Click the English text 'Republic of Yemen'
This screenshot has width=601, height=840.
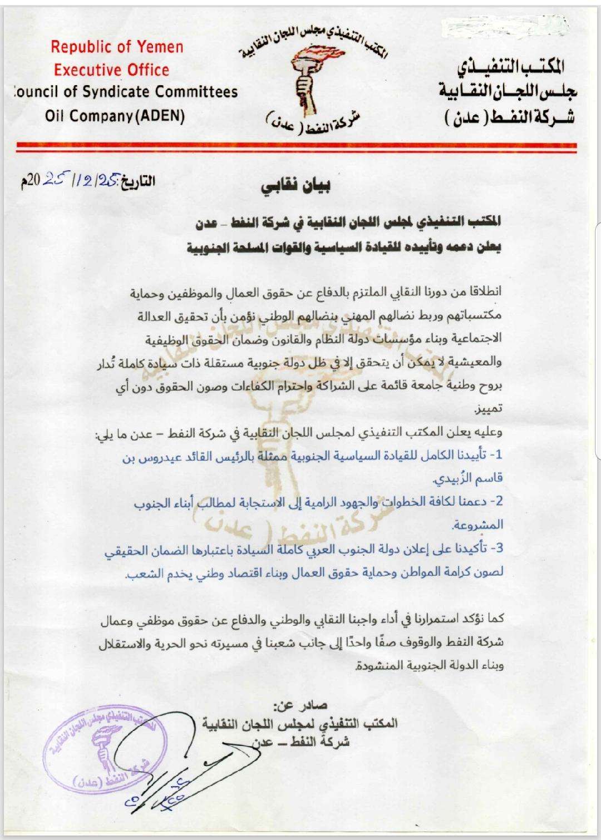(117, 47)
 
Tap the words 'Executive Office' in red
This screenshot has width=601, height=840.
(111, 70)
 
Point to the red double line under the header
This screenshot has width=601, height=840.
(300, 146)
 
